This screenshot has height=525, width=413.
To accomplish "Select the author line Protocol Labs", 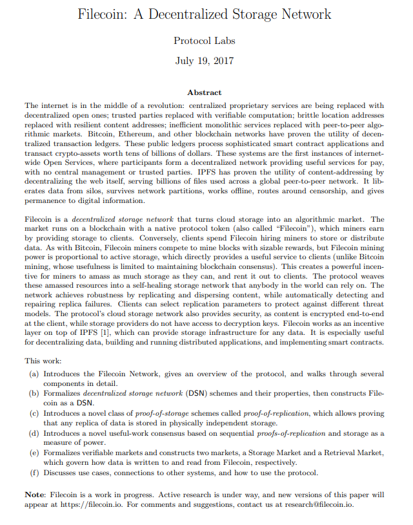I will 205,41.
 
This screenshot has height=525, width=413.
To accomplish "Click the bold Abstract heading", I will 204,92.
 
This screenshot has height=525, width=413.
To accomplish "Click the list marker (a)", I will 35,374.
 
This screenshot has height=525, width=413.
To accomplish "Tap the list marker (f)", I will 35,473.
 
